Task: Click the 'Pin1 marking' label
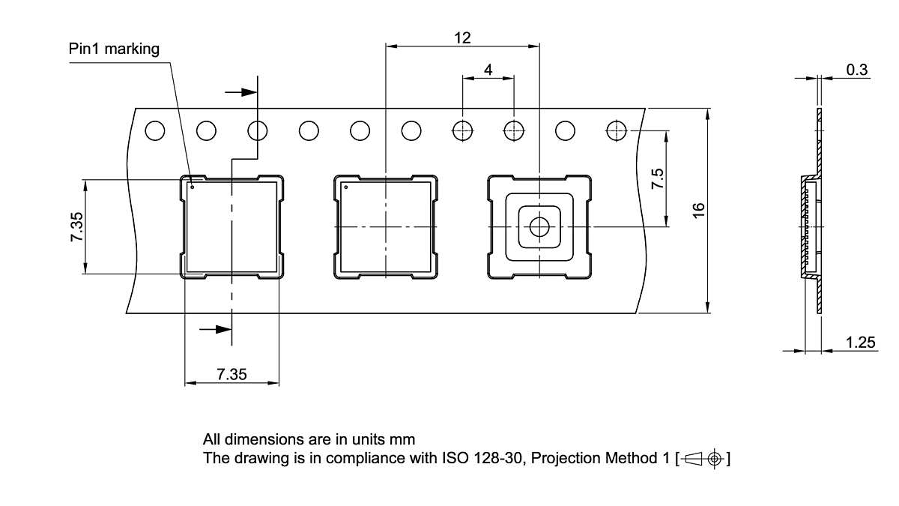(x=114, y=49)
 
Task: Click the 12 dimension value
(x=462, y=37)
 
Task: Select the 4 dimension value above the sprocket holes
(x=488, y=70)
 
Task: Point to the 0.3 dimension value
(x=857, y=70)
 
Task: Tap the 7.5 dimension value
(x=657, y=178)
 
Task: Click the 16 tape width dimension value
(x=698, y=211)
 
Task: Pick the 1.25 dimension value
(x=861, y=343)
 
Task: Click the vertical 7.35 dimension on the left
(x=78, y=226)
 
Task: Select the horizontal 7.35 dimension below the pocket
(x=231, y=375)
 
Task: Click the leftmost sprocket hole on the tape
(x=155, y=130)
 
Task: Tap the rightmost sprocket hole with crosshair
(x=617, y=130)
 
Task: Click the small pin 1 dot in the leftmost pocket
(x=193, y=187)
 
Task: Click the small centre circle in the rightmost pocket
(x=539, y=226)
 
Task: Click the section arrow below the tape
(x=216, y=328)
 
